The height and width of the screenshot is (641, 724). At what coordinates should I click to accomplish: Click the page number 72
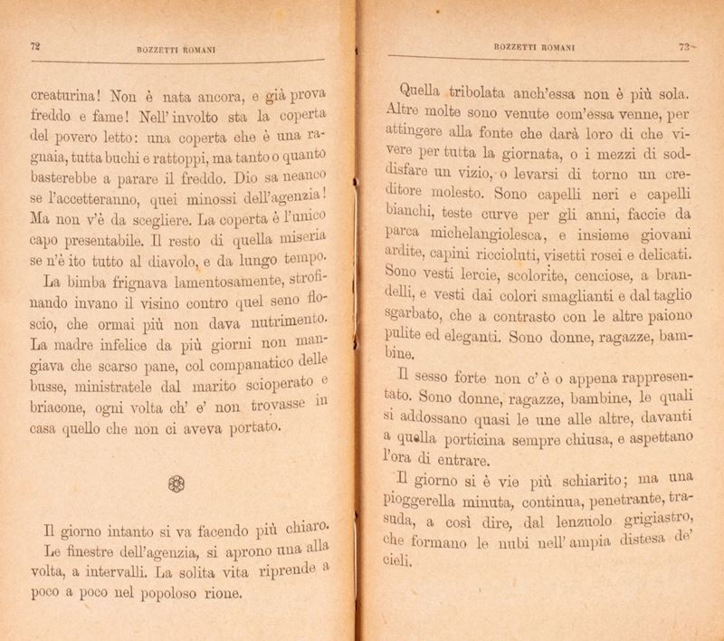click(36, 48)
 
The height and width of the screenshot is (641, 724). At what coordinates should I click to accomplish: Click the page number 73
click(686, 46)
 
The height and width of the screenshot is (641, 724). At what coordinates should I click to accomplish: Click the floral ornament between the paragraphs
click(176, 484)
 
